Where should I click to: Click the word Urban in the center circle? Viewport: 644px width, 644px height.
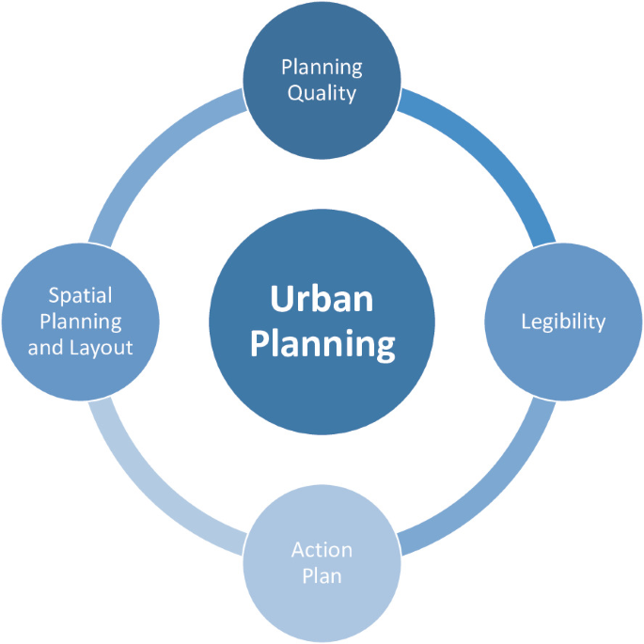tap(322, 300)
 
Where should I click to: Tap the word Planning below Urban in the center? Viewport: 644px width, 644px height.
tap(322, 344)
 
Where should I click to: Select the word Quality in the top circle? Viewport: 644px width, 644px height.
tap(322, 93)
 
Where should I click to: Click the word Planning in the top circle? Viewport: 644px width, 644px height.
tap(322, 68)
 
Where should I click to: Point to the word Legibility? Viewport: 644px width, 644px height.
tap(563, 322)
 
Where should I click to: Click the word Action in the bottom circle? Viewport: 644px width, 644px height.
tap(322, 550)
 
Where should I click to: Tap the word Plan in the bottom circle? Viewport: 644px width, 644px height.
tap(322, 575)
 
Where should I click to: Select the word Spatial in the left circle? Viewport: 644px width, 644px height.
tap(80, 295)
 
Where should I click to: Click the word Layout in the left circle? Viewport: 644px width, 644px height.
tap(100, 347)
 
